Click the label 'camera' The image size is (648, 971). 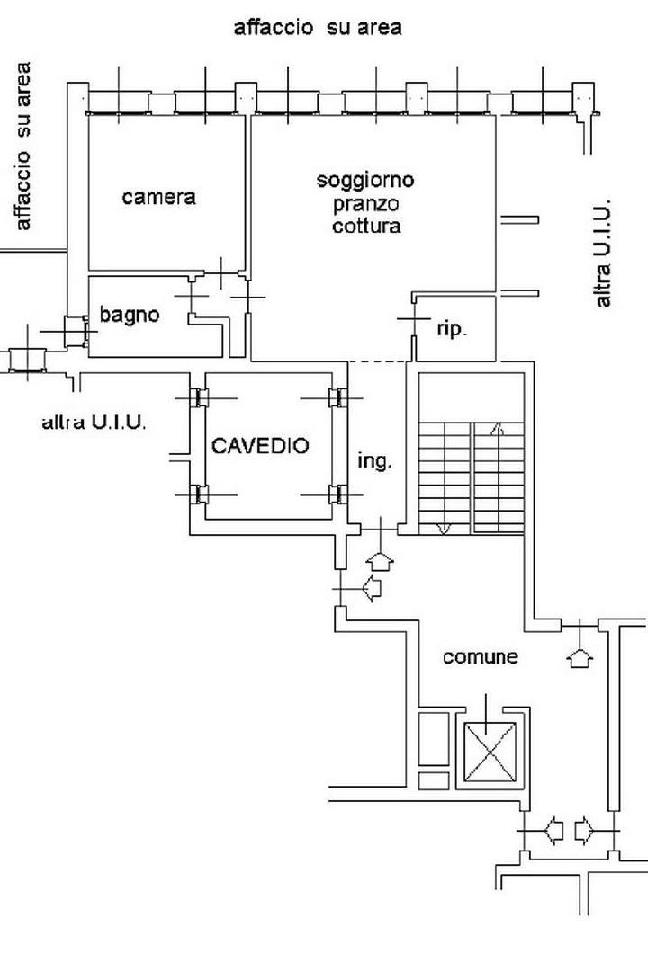coord(158,196)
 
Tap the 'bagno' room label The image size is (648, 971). coord(130,315)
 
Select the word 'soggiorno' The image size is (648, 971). coord(365,180)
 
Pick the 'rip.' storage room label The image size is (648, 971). coord(452,329)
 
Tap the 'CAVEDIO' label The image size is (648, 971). coord(260,445)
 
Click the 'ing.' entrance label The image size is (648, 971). coord(374,461)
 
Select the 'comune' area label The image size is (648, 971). coord(480,657)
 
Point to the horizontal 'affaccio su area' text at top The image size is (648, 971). coord(317,28)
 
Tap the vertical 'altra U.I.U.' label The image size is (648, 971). coord(603,253)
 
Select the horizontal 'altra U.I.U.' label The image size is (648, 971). coord(94,421)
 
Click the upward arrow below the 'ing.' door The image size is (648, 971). coord(382,561)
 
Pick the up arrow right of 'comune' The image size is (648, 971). coord(580,658)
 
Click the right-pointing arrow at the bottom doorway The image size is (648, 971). coord(584,827)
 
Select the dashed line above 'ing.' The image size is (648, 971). coord(378,362)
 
